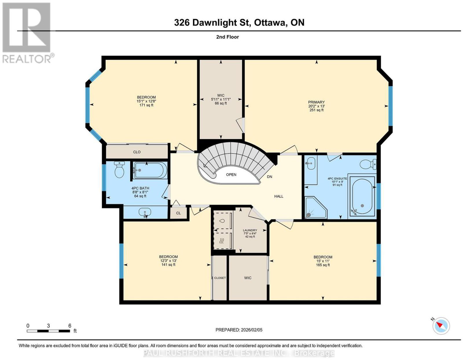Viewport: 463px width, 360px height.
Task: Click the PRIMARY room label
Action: pos(316,102)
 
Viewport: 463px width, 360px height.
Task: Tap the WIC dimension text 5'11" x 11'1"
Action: pos(221,99)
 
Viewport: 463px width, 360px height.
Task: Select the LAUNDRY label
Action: pos(250,230)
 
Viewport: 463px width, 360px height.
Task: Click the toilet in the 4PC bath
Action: pos(119,169)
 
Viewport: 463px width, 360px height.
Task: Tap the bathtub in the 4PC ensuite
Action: pos(362,197)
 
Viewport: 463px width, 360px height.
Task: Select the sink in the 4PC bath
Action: pos(145,212)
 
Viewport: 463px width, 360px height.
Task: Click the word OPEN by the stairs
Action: pos(231,175)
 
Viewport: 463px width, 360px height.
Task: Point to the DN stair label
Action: pos(269,177)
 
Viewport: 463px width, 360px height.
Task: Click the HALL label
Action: pos(279,196)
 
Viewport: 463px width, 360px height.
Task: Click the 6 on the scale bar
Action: pos(70,326)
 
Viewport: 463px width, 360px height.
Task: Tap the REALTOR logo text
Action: pos(27,59)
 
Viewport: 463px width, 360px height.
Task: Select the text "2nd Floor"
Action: pos(227,37)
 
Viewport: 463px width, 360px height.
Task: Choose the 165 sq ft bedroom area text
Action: pos(323,265)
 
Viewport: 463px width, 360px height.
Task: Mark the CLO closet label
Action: pos(137,152)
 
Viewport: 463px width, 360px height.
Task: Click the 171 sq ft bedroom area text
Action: pos(146,105)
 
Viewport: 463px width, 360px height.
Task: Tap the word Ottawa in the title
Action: pos(269,23)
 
